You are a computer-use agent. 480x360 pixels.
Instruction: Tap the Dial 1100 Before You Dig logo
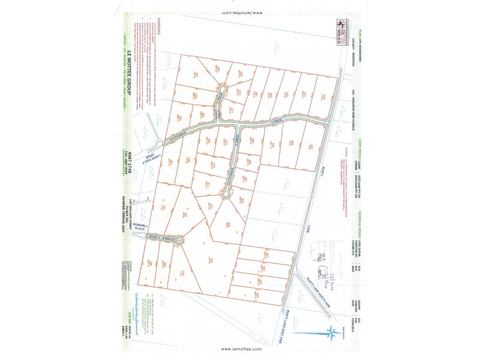click(343, 32)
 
